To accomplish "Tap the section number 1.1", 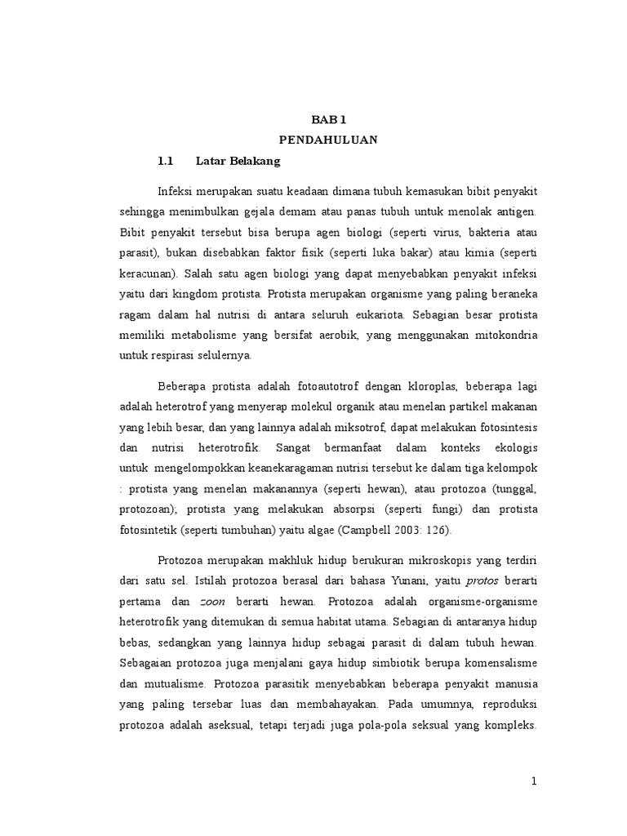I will [167, 162].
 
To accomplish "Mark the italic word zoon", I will [213, 601].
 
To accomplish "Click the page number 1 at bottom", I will [534, 781].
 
